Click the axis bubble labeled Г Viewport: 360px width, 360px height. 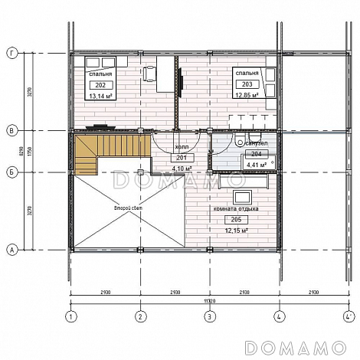click(11, 53)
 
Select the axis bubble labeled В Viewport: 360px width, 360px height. click(11, 131)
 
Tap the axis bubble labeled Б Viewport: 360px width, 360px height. click(11, 172)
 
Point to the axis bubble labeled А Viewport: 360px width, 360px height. click(11, 250)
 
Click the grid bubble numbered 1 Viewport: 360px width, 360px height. click(71, 316)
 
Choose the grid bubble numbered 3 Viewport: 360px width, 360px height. click(210, 316)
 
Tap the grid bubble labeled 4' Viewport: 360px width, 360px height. click(349, 316)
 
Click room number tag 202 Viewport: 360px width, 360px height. click(101, 85)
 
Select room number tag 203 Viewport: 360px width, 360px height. click(246, 83)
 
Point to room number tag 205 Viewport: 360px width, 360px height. click(234, 219)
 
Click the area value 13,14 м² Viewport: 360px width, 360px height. click(101, 97)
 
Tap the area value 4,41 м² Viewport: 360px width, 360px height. click(255, 163)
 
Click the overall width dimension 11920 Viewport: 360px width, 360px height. click(210, 301)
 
